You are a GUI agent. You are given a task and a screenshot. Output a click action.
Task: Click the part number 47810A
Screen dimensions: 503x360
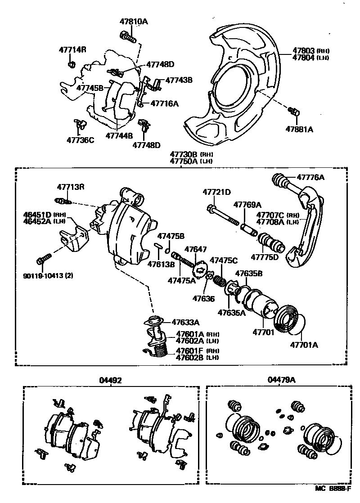pyautogui.click(x=134, y=21)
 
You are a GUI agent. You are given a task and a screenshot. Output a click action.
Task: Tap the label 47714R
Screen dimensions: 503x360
pyautogui.click(x=72, y=49)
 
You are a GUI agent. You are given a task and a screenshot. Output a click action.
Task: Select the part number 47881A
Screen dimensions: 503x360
pyautogui.click(x=299, y=129)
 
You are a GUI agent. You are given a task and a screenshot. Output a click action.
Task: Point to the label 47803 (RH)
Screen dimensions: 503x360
pyautogui.click(x=304, y=51)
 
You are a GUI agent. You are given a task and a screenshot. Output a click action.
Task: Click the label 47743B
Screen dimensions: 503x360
pyautogui.click(x=179, y=80)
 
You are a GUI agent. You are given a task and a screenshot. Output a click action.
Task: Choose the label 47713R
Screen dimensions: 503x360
pyautogui.click(x=70, y=187)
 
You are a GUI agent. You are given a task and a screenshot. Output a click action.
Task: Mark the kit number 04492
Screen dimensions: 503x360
pyautogui.click(x=110, y=380)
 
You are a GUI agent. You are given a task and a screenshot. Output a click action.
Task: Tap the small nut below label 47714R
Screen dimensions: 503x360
pyautogui.click(x=71, y=66)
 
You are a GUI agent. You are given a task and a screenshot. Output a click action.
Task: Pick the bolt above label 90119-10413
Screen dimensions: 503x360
pyautogui.click(x=45, y=259)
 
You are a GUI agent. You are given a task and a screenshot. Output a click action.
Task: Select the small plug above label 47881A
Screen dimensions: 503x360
pyautogui.click(x=295, y=111)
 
